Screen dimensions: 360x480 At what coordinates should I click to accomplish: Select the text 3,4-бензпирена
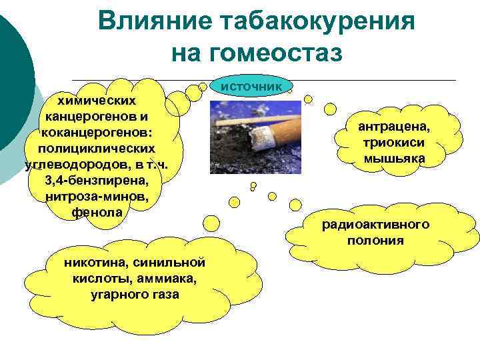coord(97,181)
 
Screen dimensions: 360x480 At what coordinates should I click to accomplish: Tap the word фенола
coord(97,213)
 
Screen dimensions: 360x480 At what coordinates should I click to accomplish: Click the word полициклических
coord(98,148)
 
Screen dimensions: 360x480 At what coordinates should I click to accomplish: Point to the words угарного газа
coord(134,294)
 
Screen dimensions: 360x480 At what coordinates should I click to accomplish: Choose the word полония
coord(375,240)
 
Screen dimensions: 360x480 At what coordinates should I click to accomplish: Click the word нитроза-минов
coord(97,197)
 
